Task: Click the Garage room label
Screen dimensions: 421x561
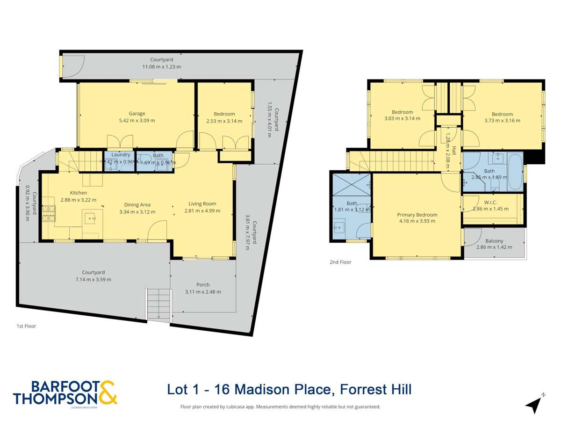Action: coord(137,113)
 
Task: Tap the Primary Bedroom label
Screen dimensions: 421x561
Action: coord(417,215)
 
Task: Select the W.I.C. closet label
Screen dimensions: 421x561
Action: coord(490,202)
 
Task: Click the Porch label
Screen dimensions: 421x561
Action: coord(203,284)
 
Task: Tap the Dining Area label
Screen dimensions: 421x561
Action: coord(137,204)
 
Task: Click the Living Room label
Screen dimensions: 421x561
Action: coord(202,203)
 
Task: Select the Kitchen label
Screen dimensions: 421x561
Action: coord(79,193)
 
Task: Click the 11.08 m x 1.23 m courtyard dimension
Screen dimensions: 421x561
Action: coord(161,67)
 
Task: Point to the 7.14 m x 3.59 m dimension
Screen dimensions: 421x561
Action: coord(93,279)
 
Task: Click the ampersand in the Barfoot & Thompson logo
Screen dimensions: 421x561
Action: coord(107,392)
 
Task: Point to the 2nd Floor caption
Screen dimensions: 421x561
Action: coord(340,262)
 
